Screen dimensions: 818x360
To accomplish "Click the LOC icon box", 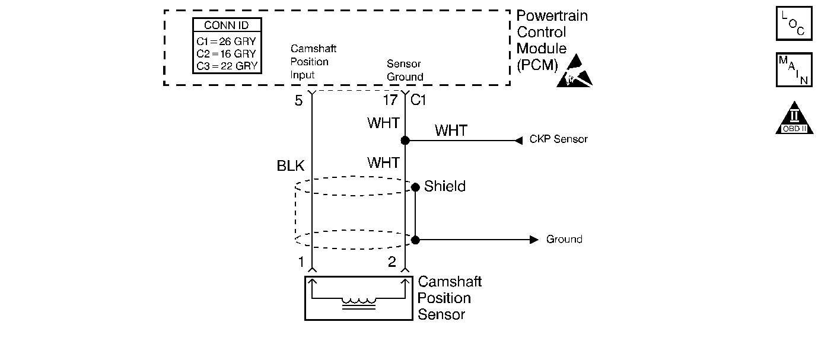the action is [794, 23].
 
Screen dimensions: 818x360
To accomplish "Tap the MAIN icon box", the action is [794, 69].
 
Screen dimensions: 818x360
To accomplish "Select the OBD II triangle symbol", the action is [794, 119].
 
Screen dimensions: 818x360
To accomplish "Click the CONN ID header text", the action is [227, 25].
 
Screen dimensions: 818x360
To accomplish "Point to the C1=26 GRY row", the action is [227, 42].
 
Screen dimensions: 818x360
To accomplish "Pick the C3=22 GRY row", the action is [227, 66].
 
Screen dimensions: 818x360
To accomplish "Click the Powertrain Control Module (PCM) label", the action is [552, 40].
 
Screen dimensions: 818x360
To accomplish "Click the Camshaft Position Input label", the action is [313, 62].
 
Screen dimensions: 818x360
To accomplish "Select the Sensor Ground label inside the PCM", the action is [405, 70].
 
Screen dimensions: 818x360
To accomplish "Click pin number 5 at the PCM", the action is [299, 100].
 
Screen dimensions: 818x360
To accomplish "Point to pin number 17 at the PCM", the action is [390, 100].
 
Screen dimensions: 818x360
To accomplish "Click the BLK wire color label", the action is [290, 165].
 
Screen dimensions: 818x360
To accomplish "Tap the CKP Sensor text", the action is [558, 139].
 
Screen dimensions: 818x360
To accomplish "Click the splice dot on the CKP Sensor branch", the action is [405, 140].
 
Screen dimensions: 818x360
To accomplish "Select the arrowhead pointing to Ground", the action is [534, 240].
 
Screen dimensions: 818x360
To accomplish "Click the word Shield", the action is [445, 186].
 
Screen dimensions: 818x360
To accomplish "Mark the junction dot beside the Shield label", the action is [415, 187].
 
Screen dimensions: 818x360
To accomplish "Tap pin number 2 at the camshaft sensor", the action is [392, 262].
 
